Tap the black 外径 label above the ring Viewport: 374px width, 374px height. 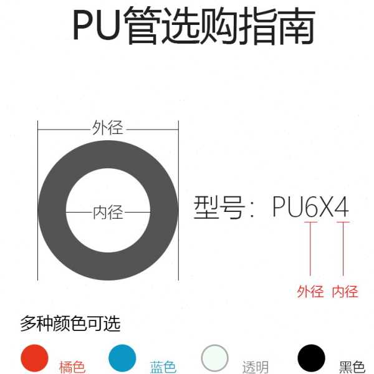(x=108, y=128)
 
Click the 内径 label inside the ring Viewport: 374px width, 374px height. (x=108, y=213)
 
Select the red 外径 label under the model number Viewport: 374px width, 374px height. (x=310, y=291)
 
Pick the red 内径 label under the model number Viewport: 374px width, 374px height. (x=345, y=291)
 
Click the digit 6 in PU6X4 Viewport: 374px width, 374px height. (x=310, y=208)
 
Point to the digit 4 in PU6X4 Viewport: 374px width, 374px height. (x=342, y=208)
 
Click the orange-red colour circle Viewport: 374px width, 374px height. (x=34, y=358)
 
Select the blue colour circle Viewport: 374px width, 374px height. (x=122, y=358)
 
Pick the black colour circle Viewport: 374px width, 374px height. (x=311, y=358)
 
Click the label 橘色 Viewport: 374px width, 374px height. (x=72, y=367)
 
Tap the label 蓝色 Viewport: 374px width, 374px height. (x=163, y=367)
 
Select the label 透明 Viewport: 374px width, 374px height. (x=255, y=367)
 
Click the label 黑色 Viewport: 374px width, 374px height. (x=352, y=367)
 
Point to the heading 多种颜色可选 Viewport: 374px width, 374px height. (x=70, y=324)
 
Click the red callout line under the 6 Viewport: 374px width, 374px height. (x=310, y=249)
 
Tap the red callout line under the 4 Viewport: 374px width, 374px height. (x=342, y=249)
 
